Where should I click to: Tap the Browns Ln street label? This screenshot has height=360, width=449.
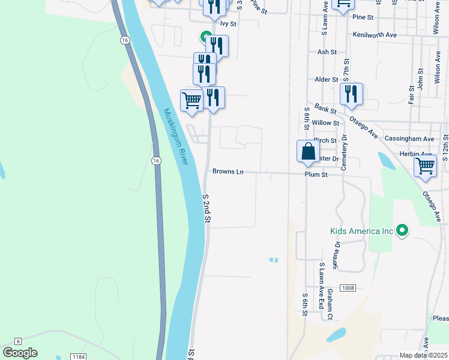(x=228, y=172)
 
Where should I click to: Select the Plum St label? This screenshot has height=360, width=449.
(x=316, y=175)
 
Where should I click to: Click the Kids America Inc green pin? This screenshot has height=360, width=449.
(x=403, y=230)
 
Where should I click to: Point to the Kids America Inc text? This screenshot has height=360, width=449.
(x=361, y=231)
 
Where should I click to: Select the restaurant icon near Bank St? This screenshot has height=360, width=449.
(x=351, y=94)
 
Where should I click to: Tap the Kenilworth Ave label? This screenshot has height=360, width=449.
(x=375, y=35)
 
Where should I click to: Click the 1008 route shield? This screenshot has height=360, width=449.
(x=348, y=289)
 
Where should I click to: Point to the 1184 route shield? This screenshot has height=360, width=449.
(x=78, y=356)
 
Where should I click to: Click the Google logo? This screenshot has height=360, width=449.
(x=20, y=353)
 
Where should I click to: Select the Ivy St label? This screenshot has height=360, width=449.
(x=229, y=24)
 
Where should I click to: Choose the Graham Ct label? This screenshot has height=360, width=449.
(x=330, y=304)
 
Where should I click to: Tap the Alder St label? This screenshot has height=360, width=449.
(x=327, y=79)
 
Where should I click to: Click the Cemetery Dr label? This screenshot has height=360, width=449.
(x=345, y=152)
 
